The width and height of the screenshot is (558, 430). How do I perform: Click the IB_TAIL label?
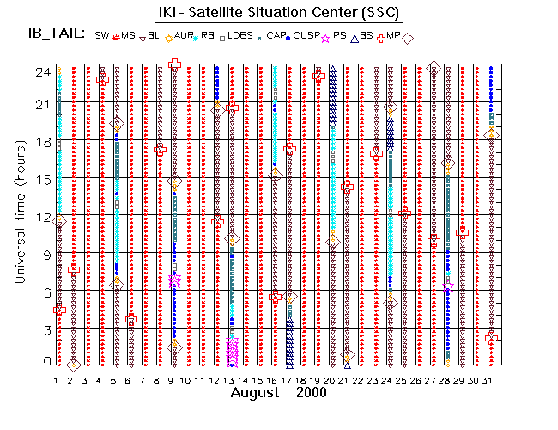point(56,34)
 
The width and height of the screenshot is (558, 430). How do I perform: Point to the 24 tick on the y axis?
point(39,74)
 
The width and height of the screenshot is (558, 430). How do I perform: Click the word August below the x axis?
point(255,392)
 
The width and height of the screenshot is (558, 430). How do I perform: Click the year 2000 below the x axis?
point(310,392)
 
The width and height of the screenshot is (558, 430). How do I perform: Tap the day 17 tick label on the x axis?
point(289,379)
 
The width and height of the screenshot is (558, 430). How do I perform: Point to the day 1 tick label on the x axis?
point(57,379)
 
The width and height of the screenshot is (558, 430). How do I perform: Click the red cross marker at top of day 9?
point(174,64)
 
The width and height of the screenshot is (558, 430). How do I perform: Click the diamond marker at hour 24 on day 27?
point(434,67)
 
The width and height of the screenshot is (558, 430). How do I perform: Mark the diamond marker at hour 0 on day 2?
point(74,364)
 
